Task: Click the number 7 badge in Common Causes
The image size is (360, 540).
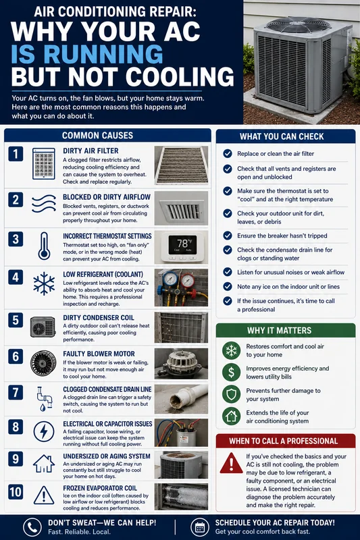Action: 16,393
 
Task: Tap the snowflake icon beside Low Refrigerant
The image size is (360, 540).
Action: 44,283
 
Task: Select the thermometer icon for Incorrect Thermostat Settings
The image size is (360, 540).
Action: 44,246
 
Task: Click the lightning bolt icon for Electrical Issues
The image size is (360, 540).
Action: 44,431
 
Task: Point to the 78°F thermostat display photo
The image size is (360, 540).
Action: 181,247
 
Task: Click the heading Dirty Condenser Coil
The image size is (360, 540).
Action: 99,317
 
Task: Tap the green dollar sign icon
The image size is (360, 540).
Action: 231,373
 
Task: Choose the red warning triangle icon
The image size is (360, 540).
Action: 231,463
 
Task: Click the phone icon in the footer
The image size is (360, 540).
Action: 32,527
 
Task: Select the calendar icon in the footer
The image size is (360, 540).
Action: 200,527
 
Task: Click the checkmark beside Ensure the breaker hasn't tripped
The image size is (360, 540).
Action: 228,236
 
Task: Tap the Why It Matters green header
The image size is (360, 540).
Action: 286,330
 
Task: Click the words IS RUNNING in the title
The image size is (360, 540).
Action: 87,54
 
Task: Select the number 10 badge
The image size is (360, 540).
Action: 16,492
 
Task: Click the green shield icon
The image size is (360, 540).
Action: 231,394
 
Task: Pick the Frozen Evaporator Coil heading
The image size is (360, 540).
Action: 100,488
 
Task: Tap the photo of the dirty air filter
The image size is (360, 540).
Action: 181,165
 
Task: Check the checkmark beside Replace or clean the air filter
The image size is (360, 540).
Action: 228,154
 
